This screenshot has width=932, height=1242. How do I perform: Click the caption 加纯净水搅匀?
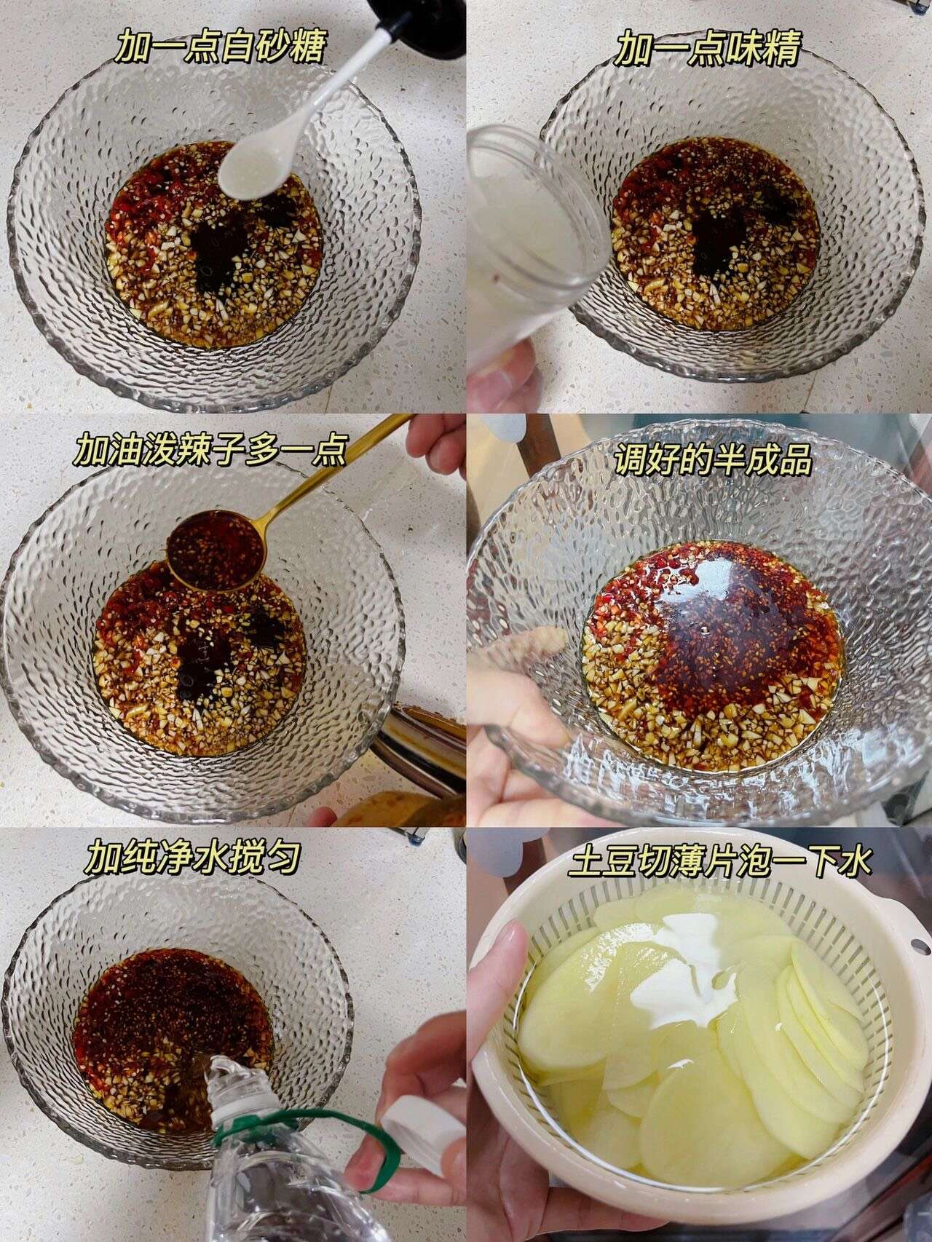click(192, 858)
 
